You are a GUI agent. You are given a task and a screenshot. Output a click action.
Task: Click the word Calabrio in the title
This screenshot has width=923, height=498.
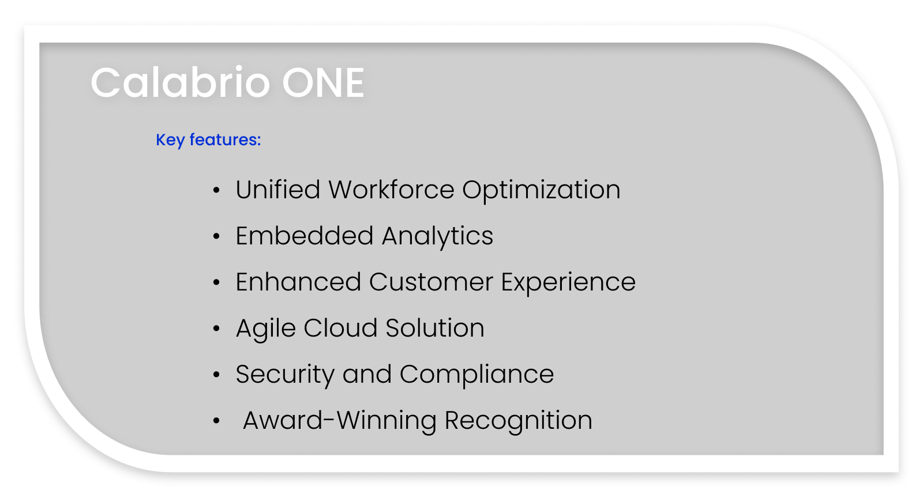180,83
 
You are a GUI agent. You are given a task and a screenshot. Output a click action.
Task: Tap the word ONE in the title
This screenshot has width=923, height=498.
323,83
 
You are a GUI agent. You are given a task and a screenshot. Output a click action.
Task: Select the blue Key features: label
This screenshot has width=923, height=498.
208,140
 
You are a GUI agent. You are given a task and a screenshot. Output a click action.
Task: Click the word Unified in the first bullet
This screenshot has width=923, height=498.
277,190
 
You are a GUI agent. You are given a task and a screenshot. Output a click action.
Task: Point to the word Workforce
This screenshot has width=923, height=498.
391,190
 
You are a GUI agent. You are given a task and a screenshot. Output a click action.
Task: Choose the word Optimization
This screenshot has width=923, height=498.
541,190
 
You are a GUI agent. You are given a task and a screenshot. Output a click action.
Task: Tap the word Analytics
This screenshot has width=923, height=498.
437,237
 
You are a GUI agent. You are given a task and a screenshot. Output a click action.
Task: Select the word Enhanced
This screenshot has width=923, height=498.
298,282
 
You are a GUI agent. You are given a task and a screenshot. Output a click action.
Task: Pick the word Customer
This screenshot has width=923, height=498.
431,282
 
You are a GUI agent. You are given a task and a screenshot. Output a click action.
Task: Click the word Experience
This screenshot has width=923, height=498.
568,283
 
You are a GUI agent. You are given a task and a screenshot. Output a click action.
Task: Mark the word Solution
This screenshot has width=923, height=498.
435,328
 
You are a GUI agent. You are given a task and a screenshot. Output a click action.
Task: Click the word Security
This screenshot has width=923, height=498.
285,375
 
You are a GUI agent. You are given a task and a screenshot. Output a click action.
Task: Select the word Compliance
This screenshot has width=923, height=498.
476,375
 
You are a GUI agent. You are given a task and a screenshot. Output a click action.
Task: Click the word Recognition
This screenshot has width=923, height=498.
518,421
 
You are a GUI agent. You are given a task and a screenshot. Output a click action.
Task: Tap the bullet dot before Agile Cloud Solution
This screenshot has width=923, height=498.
216,329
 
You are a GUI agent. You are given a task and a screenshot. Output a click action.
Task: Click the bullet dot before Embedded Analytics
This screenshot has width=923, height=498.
216,236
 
